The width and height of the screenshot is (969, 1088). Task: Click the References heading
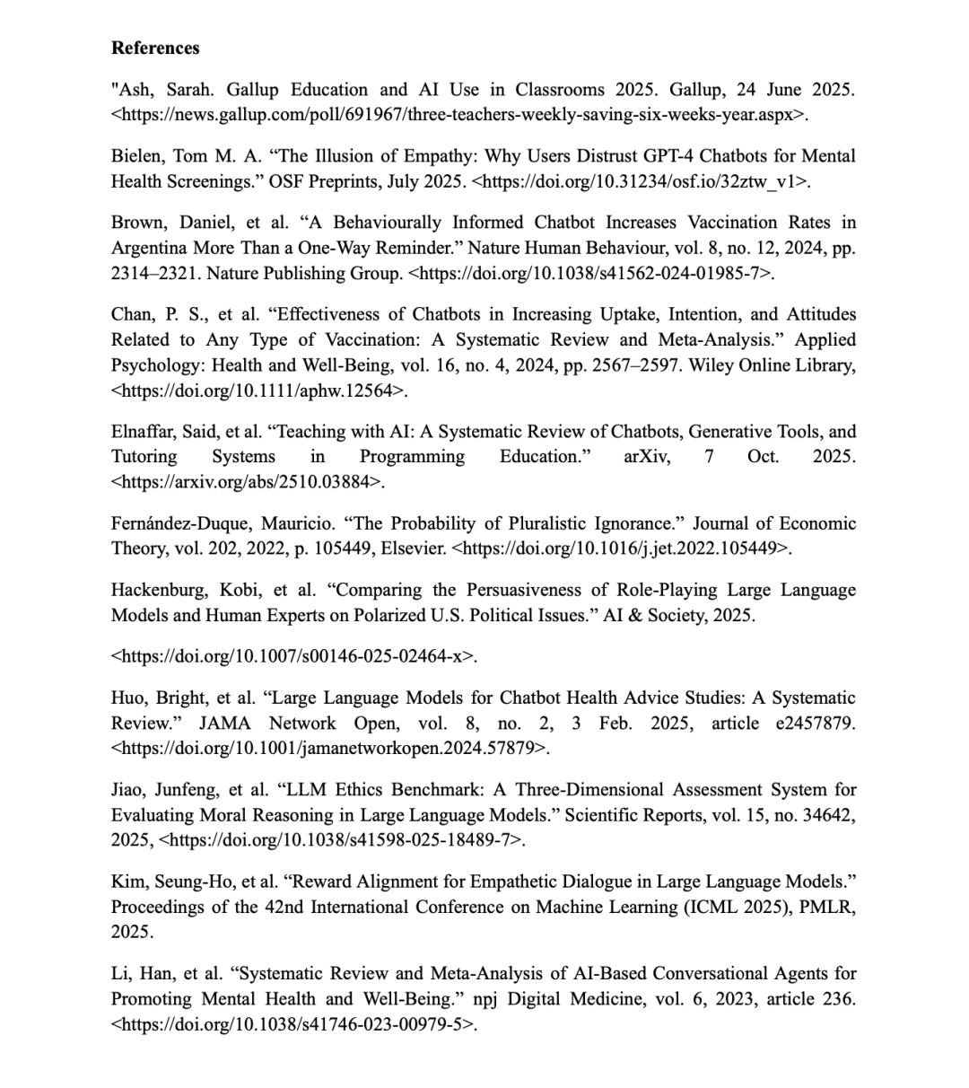(x=155, y=48)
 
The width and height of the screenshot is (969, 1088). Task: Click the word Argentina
(x=148, y=248)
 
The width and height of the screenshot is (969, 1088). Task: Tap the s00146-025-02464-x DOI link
(x=293, y=656)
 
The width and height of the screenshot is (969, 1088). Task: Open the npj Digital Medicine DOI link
(x=292, y=1024)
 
